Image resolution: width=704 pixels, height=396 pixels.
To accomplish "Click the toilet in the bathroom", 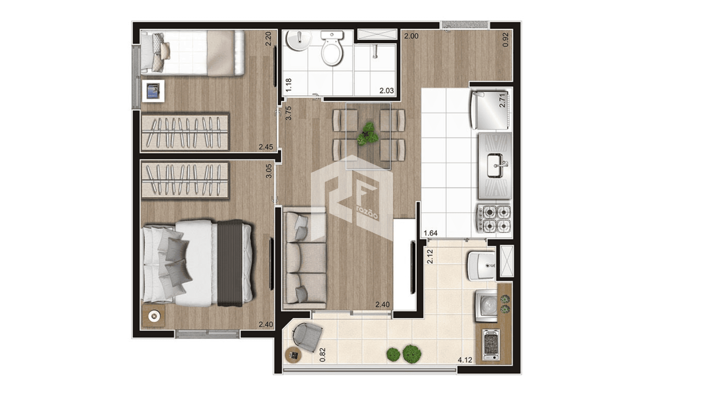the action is click(332, 48).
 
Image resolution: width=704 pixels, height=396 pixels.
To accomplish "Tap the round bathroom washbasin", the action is click(299, 41).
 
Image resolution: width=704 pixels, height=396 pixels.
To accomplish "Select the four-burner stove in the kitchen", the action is click(493, 219).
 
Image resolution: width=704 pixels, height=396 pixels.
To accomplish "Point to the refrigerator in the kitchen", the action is click(490, 110).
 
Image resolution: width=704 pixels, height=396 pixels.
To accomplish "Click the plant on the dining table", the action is click(368, 134).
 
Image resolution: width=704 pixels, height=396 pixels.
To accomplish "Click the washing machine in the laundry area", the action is click(486, 305).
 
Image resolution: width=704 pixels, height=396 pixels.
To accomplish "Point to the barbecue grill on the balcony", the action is click(491, 344).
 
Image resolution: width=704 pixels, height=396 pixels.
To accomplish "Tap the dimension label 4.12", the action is click(465, 360).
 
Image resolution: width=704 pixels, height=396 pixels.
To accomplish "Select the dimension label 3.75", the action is click(289, 113).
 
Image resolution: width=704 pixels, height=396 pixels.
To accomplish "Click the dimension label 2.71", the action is click(502, 100).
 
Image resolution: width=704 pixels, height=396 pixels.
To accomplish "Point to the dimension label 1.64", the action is click(430, 233).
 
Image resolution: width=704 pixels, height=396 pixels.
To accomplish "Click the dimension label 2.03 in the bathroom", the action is click(387, 91).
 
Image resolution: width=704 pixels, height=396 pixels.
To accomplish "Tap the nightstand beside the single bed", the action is click(153, 91).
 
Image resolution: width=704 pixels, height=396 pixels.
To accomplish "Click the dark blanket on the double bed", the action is click(230, 263).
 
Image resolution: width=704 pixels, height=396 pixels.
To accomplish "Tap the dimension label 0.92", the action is click(506, 40).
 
